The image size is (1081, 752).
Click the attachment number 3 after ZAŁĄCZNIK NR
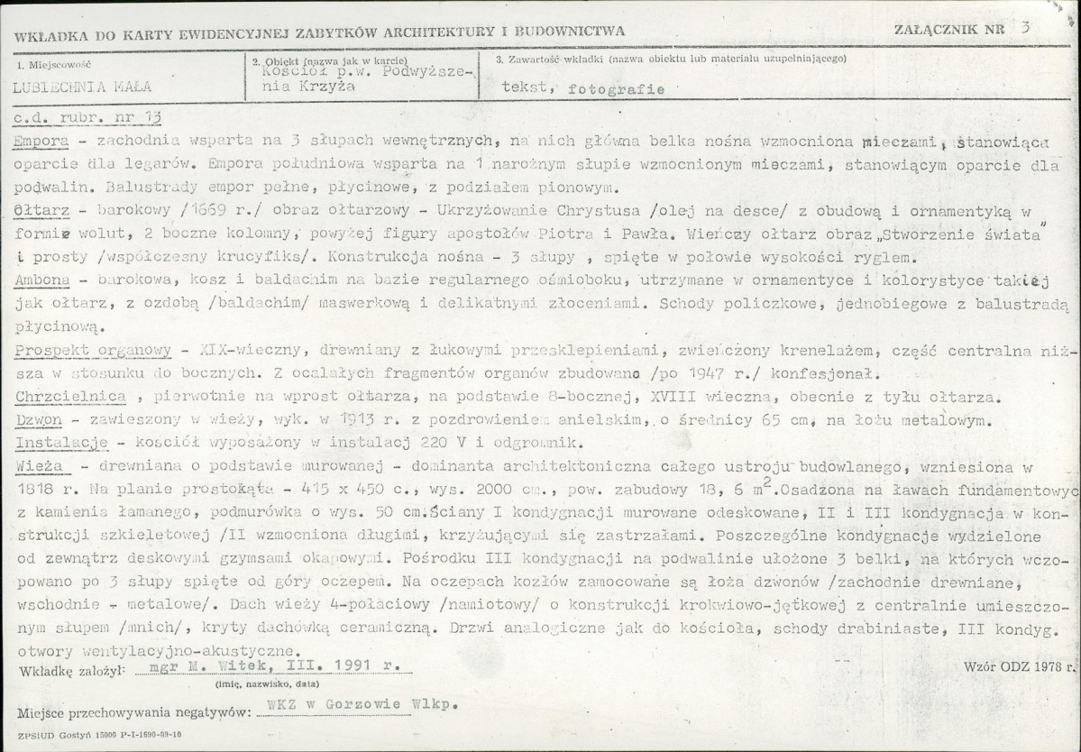click(x=1025, y=27)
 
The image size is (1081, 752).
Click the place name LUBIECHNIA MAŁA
click(x=82, y=87)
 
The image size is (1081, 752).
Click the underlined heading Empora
click(x=41, y=142)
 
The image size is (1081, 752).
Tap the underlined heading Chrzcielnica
click(x=69, y=397)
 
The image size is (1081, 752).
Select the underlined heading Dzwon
click(x=37, y=420)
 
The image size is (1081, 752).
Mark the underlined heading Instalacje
click(x=61, y=444)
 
